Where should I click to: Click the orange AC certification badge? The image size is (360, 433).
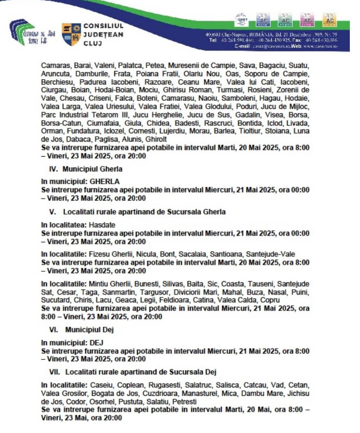(329, 20)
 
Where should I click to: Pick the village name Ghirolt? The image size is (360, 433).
(155, 139)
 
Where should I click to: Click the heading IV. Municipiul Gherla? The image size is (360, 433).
(86, 169)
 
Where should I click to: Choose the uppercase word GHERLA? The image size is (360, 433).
(105, 182)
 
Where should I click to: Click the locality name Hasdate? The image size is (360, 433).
(102, 225)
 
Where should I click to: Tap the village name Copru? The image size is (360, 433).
(270, 300)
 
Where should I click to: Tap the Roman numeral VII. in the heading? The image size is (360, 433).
(55, 372)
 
